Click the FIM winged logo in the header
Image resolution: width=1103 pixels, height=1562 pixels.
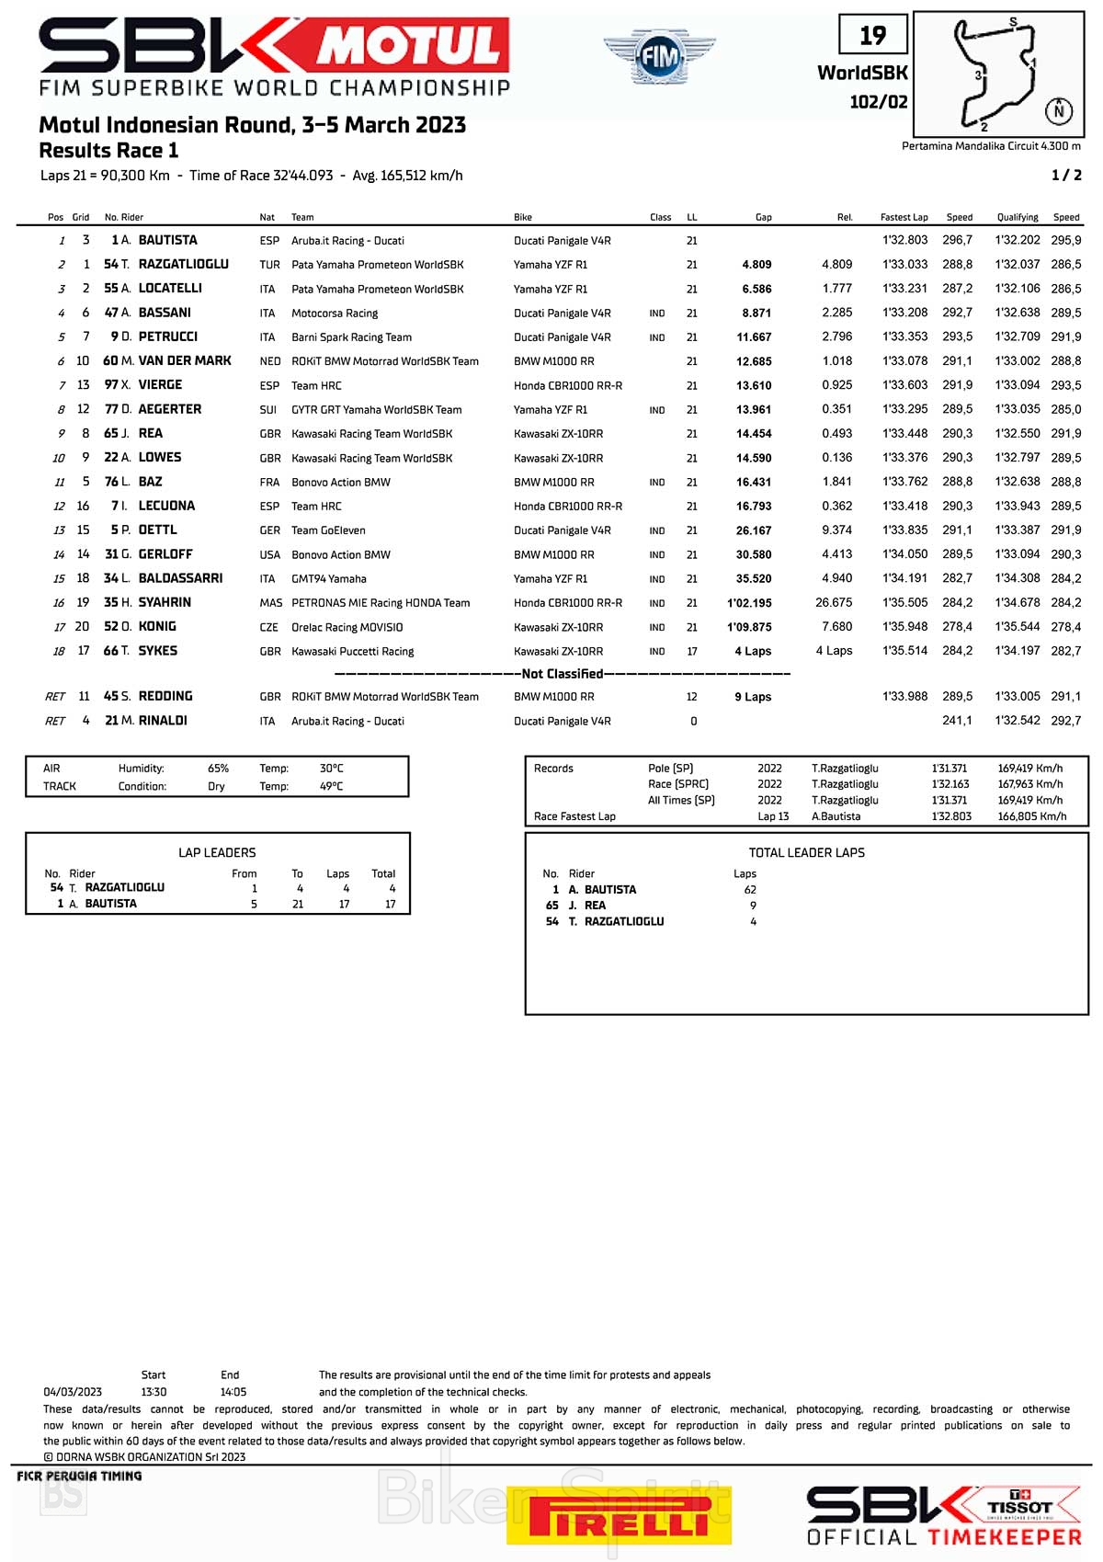pyautogui.click(x=659, y=56)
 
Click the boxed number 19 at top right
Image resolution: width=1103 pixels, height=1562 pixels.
pyautogui.click(x=872, y=36)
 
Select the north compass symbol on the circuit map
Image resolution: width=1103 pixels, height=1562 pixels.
pyautogui.click(x=1059, y=111)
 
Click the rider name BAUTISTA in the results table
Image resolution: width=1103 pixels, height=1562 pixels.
pyautogui.click(x=167, y=240)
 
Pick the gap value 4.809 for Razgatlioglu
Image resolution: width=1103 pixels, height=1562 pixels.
pyautogui.click(x=756, y=265)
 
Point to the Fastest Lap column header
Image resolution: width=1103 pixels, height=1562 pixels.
pyautogui.click(x=904, y=218)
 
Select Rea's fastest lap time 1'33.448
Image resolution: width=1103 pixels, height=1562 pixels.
pyautogui.click(x=904, y=434)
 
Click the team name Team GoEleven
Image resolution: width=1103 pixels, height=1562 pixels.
pyautogui.click(x=328, y=530)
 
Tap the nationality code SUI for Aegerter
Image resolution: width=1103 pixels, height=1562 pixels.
pyautogui.click(x=268, y=410)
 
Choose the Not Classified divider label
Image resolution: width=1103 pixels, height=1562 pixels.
pyautogui.click(x=562, y=674)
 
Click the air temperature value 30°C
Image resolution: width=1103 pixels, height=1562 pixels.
pyautogui.click(x=331, y=769)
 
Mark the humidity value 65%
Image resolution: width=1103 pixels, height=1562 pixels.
pyautogui.click(x=218, y=769)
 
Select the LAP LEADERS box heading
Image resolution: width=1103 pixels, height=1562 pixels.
pyautogui.click(x=217, y=853)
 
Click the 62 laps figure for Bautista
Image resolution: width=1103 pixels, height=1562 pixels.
pyautogui.click(x=750, y=890)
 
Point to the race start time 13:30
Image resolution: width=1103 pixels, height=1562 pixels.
pyautogui.click(x=154, y=1392)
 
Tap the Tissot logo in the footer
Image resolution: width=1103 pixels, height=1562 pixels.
pyautogui.click(x=1019, y=1507)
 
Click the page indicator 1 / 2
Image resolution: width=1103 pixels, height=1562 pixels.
pyautogui.click(x=1066, y=176)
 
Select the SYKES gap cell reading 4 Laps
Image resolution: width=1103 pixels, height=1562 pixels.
pyautogui.click(x=753, y=652)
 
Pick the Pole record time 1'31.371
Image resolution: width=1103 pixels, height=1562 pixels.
pyautogui.click(x=949, y=769)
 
